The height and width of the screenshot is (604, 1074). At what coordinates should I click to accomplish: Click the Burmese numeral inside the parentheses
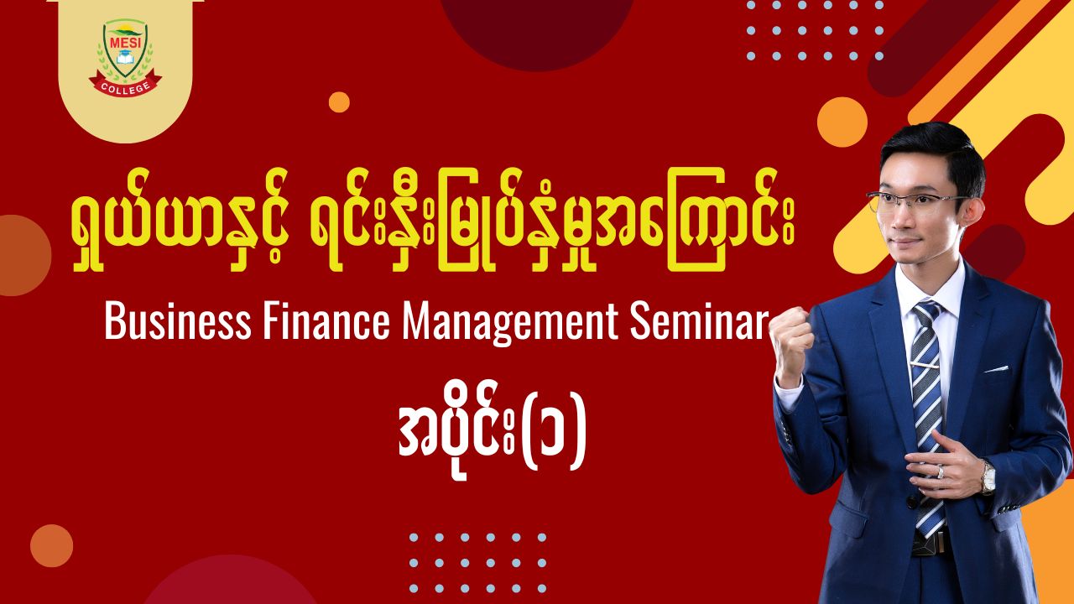tap(553, 440)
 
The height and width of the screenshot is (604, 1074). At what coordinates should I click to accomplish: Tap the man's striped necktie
tap(928, 417)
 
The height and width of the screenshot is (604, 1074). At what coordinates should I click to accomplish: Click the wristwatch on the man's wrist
tap(988, 477)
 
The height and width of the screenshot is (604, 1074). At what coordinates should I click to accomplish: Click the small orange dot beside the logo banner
tap(339, 102)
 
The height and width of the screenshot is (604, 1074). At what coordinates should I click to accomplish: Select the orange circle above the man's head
tap(842, 122)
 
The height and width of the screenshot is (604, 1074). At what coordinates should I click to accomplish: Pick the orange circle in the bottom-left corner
tap(52, 545)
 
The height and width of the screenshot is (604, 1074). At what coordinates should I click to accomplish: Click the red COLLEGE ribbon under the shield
tap(126, 85)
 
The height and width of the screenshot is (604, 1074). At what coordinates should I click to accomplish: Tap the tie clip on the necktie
tap(925, 365)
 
